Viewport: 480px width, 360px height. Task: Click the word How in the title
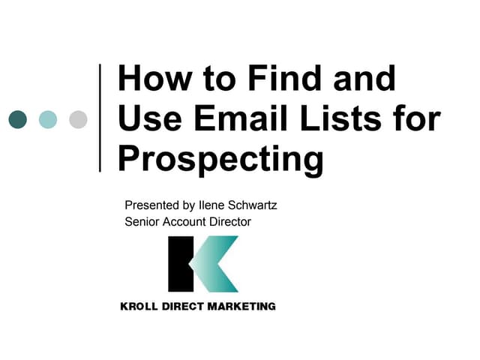150,79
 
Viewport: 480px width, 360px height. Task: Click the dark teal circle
16,118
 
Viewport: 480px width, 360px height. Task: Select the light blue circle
47,118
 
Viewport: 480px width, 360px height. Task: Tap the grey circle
78,118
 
